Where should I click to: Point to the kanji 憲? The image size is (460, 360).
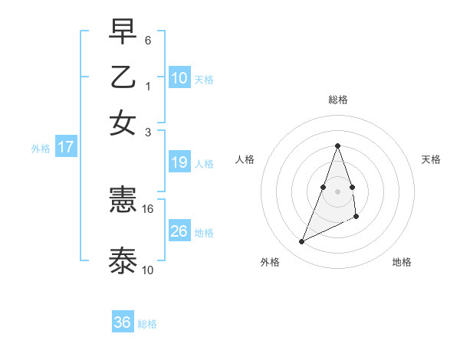click(123, 201)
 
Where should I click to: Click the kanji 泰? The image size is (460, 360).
click(123, 260)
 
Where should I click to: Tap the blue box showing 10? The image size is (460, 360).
click(179, 77)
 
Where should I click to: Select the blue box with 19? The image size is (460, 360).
click(179, 162)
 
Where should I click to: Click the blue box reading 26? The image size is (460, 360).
click(179, 231)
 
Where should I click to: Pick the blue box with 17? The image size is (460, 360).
click(65, 147)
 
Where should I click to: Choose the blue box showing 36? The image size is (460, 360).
click(123, 322)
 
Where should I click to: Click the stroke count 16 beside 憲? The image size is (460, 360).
click(148, 208)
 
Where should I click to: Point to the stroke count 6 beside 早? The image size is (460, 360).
click(148, 39)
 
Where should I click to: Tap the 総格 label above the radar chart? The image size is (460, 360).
click(337, 100)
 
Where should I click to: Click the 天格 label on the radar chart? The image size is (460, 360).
click(431, 159)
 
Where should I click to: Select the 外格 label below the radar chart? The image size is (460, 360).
click(270, 262)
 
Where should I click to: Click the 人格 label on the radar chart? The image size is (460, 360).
click(245, 159)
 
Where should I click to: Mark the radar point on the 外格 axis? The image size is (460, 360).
click(302, 242)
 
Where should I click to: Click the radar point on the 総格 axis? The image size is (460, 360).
click(337, 146)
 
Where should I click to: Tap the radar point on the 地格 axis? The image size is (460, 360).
click(356, 217)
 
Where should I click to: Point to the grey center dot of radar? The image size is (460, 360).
click(337, 191)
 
